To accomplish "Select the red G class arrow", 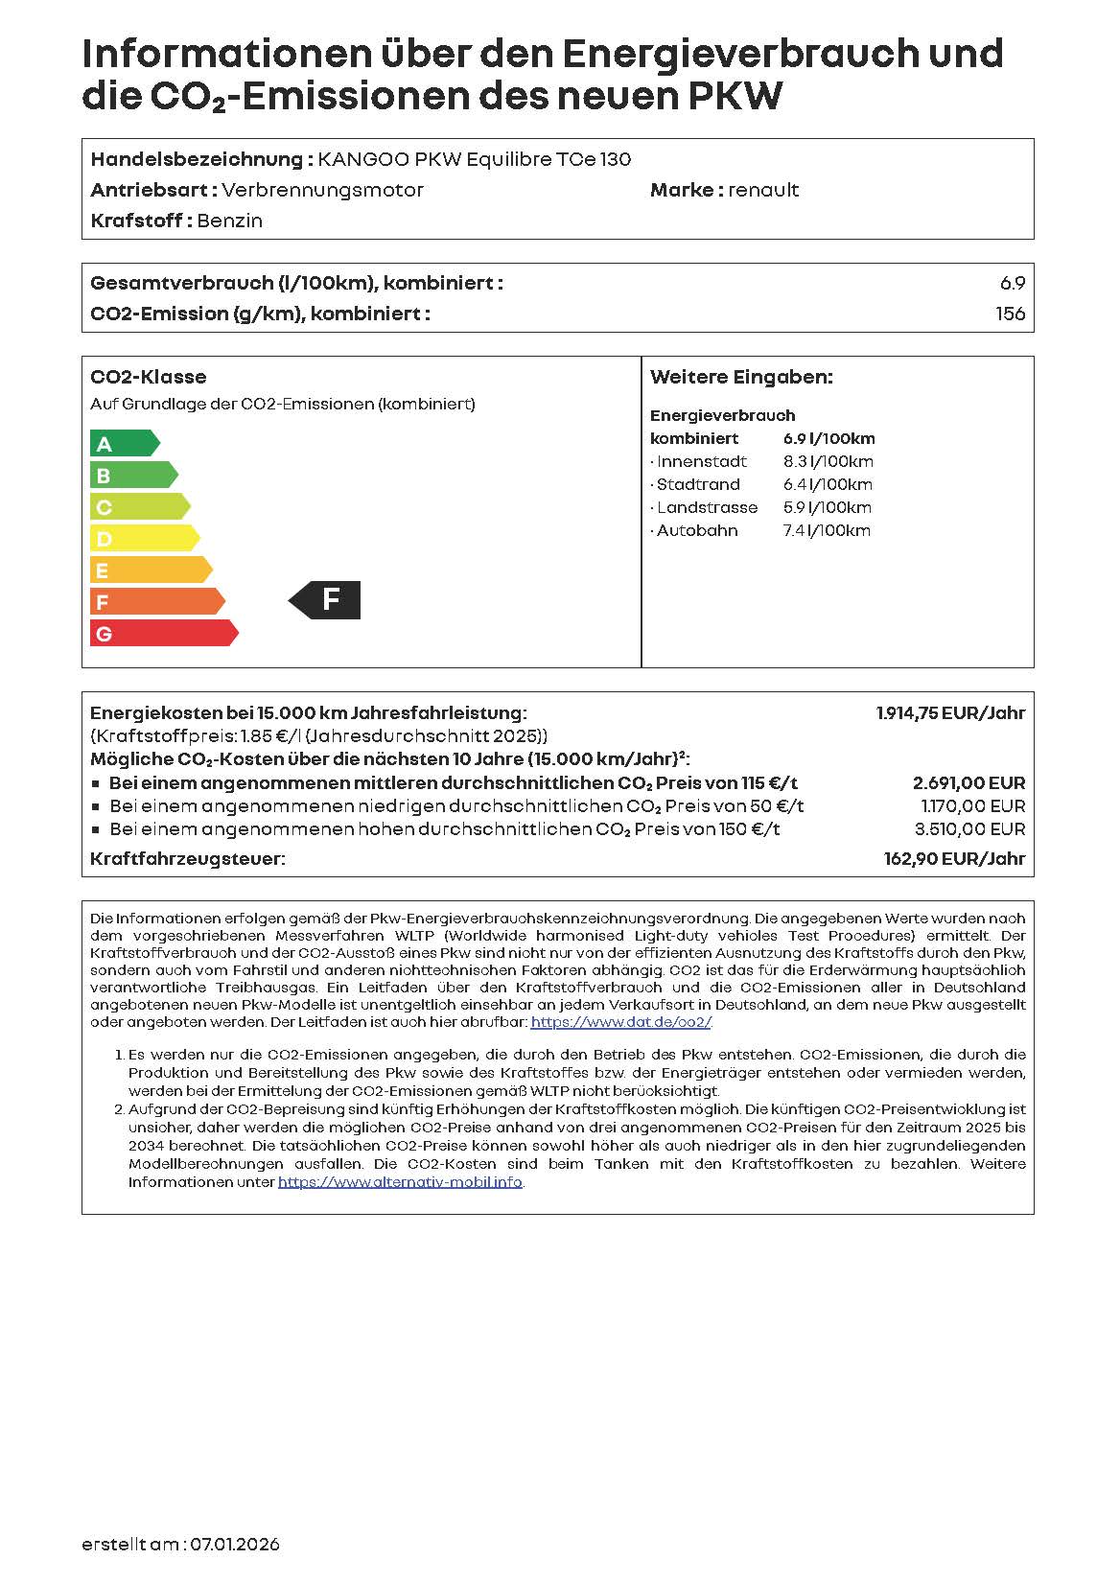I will (x=163, y=633).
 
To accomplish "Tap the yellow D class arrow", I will (x=144, y=538).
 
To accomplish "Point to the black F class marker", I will (x=326, y=600).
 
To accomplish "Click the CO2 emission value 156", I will (x=1010, y=314).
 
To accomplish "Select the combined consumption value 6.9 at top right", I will (x=1012, y=283).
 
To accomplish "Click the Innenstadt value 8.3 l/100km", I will (x=828, y=461).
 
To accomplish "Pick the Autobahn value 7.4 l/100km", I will (x=827, y=530).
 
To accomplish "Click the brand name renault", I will (x=763, y=190).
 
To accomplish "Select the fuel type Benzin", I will (x=230, y=221).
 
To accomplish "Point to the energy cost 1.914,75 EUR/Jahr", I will (x=950, y=712).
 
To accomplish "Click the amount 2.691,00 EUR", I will (x=968, y=783).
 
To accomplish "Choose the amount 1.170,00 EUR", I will (x=972, y=806).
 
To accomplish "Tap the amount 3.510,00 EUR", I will (x=969, y=829).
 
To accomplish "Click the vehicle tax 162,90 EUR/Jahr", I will (x=954, y=859).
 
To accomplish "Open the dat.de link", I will (x=621, y=1022).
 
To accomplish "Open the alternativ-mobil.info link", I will (x=400, y=1182).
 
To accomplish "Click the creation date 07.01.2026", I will (x=235, y=1544).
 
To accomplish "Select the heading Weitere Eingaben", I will (x=741, y=377).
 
